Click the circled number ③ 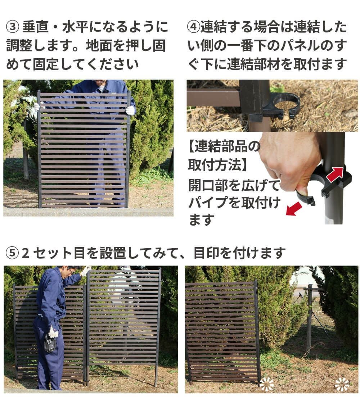[12, 27]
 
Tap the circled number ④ [193, 27]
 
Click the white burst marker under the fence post [266, 384]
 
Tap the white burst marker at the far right [342, 384]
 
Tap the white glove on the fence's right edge [130, 110]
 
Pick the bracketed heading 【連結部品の [224, 147]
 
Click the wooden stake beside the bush [309, 317]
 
